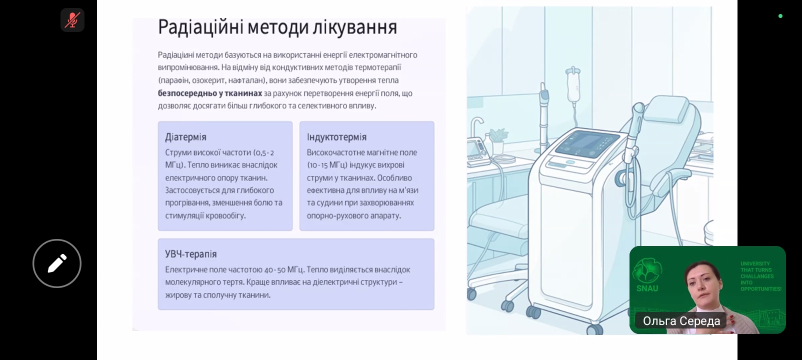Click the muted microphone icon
(x=72, y=20)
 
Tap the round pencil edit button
(x=57, y=263)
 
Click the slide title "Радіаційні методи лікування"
(x=277, y=27)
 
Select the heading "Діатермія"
(x=185, y=137)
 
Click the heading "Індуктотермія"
(x=336, y=137)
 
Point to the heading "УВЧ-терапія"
(x=191, y=254)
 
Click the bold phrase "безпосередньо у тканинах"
(x=210, y=93)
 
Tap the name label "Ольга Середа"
(x=681, y=321)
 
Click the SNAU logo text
(x=647, y=288)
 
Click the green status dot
(x=780, y=16)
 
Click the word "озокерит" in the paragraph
(x=208, y=80)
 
